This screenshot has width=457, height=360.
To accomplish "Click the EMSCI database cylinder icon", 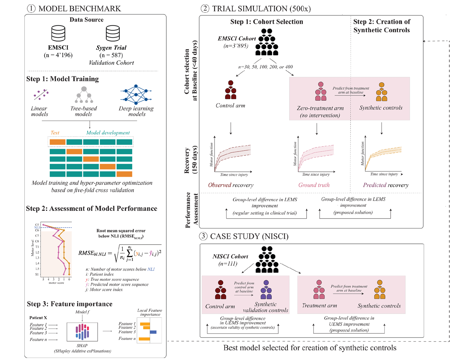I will tap(58, 33).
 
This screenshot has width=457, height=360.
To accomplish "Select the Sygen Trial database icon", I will tap(113, 33).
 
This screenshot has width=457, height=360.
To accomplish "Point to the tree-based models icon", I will tap(84, 95).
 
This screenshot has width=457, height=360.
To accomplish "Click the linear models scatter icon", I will tap(41, 94).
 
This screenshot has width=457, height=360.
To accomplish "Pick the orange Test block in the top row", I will tap(57, 142).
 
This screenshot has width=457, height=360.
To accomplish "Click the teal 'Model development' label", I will tap(108, 132).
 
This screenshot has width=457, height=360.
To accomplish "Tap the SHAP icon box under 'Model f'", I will tap(82, 332).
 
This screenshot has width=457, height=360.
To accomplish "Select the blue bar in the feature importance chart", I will tap(153, 332).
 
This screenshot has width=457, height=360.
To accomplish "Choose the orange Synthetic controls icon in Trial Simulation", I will tap(381, 92).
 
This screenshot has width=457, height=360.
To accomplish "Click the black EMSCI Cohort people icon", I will tap(267, 42).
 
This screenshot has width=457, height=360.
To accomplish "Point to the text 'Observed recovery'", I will tap(231, 185).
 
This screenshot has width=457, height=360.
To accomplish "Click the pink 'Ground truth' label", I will tap(314, 185).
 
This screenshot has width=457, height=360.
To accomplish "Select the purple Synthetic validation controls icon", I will tap(266, 290).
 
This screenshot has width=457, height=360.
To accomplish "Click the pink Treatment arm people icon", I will tap(319, 290).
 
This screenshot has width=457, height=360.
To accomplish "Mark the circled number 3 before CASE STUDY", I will tap(203, 236).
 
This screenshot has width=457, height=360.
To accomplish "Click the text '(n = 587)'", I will tap(111, 55).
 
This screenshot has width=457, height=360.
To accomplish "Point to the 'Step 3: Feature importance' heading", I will tap(70, 304).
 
